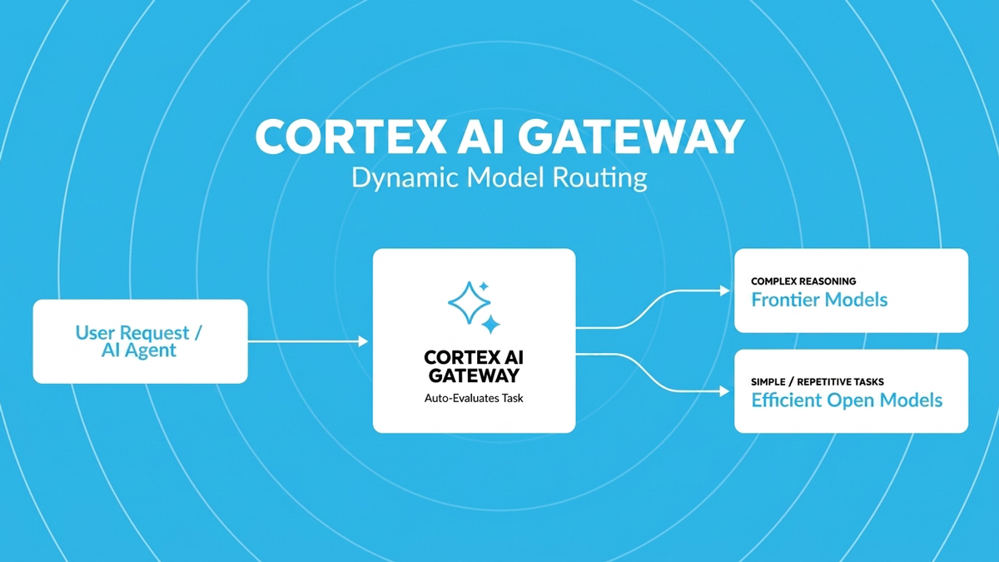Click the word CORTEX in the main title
[350, 137]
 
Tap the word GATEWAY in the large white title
[631, 137]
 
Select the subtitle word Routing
[600, 178]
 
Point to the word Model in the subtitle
[505, 177]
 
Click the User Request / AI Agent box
[141, 341]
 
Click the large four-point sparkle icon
[470, 302]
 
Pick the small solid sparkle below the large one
[490, 324]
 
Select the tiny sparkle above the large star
[484, 286]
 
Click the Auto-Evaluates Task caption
[474, 398]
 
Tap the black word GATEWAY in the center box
[474, 375]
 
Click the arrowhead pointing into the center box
[364, 341]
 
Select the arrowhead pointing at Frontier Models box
[725, 291]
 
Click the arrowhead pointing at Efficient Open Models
[725, 391]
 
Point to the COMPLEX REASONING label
[803, 281]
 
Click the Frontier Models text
[819, 300]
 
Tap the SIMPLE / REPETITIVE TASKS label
[817, 382]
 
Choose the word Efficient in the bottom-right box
[786, 400]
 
